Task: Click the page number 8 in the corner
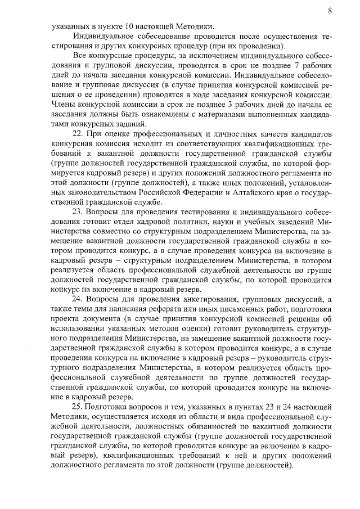click(x=329, y=10)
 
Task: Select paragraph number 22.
click(x=79, y=133)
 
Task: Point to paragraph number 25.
click(x=79, y=406)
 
